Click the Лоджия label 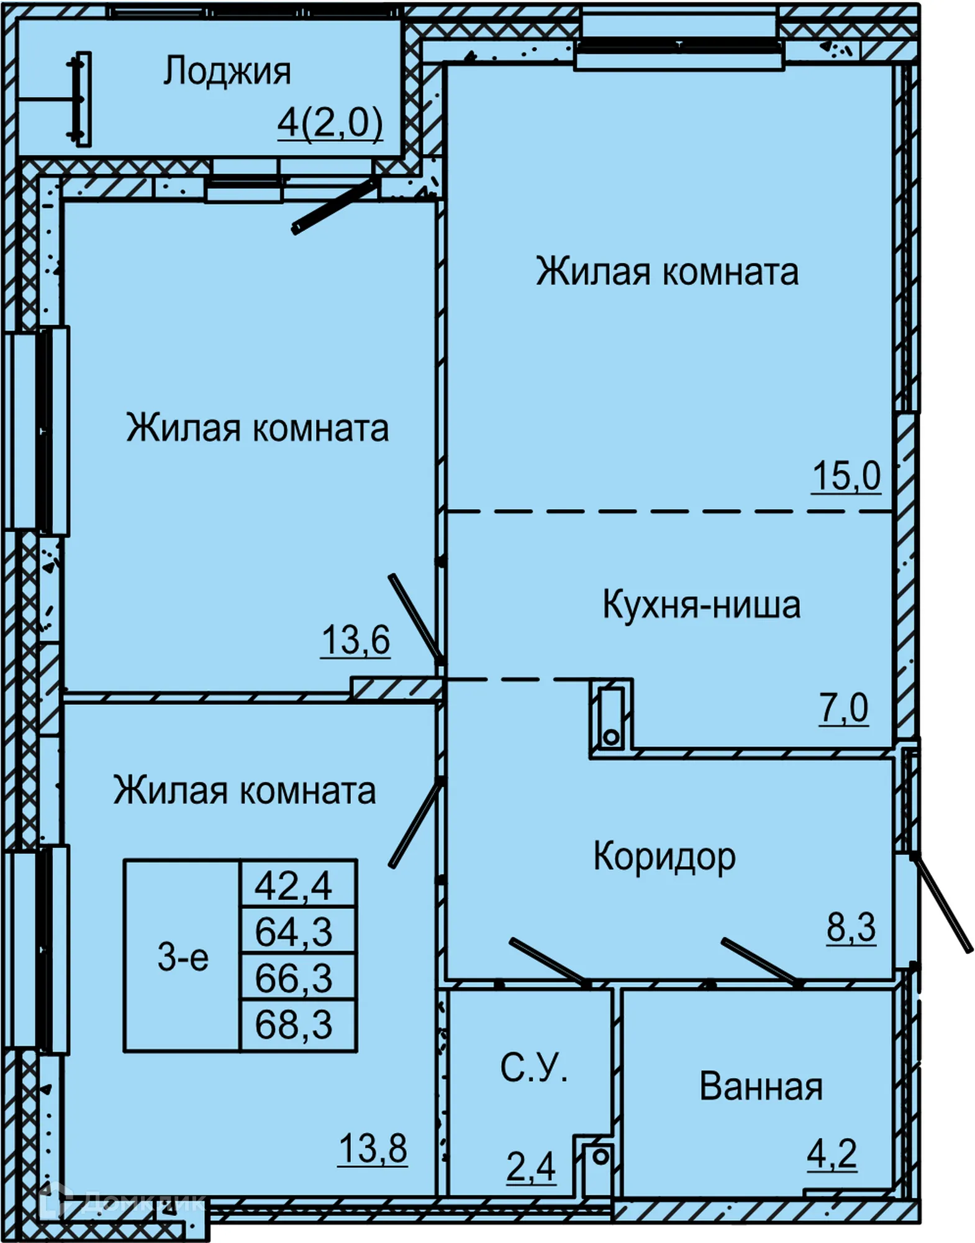click(x=227, y=72)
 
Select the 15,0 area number click(x=846, y=477)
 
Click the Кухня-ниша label click(x=701, y=605)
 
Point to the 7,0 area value click(x=843, y=708)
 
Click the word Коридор click(x=664, y=856)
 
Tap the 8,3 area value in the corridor click(x=850, y=928)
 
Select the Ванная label click(x=761, y=1087)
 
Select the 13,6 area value click(x=355, y=640)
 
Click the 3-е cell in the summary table click(x=183, y=958)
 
